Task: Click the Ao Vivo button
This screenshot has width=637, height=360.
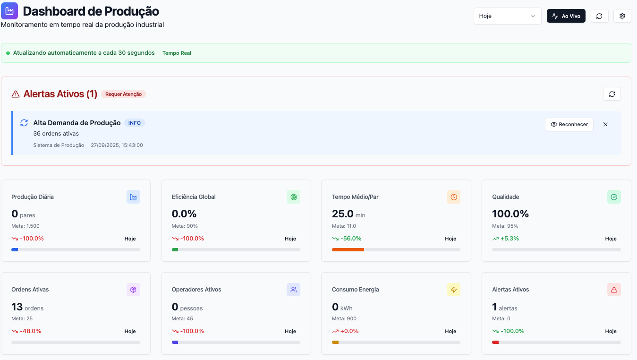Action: [566, 16]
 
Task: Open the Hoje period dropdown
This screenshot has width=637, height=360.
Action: [507, 16]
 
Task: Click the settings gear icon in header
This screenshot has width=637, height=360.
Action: [622, 16]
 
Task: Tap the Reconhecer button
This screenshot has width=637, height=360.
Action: [569, 124]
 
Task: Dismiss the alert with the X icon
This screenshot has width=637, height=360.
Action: [605, 124]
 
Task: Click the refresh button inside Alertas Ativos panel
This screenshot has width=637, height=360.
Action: [612, 94]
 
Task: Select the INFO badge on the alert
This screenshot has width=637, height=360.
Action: [135, 123]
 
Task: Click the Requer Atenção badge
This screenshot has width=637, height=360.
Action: [123, 94]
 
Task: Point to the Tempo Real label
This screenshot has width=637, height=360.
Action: [177, 53]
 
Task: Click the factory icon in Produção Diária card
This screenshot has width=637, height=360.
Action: [133, 197]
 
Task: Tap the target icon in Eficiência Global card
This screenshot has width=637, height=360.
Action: [293, 197]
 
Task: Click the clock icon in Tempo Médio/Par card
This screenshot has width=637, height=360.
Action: [453, 197]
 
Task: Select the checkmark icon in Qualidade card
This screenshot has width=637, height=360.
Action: [614, 197]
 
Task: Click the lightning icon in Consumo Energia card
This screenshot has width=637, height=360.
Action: [453, 290]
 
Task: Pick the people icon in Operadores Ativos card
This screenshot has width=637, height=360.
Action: [293, 290]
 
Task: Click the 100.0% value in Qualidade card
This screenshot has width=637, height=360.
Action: [510, 214]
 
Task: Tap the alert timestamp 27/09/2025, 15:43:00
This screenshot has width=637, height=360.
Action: [117, 145]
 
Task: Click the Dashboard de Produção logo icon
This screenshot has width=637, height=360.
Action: [9, 11]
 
